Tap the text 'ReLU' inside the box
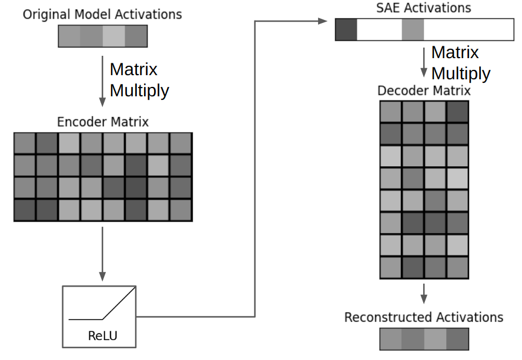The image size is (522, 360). tap(102, 337)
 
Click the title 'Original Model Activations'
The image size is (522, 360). tap(102, 14)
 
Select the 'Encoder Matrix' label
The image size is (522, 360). tap(103, 122)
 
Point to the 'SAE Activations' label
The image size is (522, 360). tap(423, 8)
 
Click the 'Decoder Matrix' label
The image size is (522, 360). tap(424, 91)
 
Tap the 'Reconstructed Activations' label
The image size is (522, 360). tap(424, 318)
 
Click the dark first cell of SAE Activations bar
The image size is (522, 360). tap(346, 30)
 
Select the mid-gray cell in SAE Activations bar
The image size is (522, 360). tap(413, 30)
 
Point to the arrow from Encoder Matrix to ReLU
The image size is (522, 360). tap(102, 253)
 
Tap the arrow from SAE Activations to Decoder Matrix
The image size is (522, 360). tap(423, 63)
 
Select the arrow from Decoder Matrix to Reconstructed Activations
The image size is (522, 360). tap(424, 293)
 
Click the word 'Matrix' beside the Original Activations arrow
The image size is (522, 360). tap(133, 69)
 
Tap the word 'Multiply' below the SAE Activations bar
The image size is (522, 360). tap(460, 74)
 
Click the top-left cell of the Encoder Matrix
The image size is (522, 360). tap(25, 144)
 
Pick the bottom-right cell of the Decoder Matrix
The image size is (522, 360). tap(457, 267)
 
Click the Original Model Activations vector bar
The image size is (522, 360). tap(102, 36)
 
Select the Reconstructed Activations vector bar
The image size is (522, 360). tap(424, 339)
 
